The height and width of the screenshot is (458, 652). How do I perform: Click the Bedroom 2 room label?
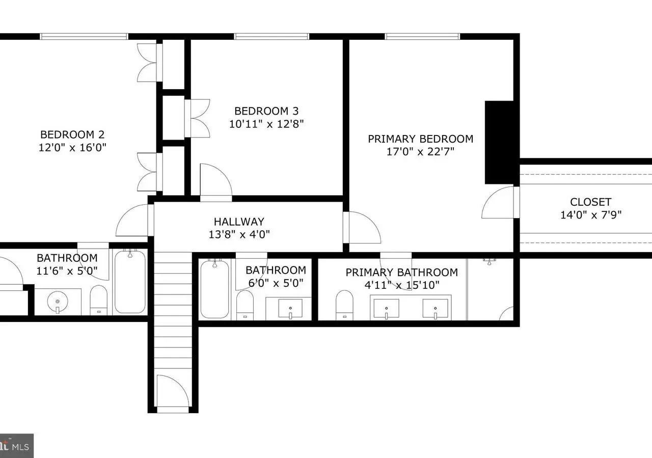click(x=72, y=134)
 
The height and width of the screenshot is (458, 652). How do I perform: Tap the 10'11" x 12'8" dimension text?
click(x=266, y=124)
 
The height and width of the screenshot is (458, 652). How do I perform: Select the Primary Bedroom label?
click(x=421, y=139)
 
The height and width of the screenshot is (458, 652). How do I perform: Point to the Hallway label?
click(x=239, y=222)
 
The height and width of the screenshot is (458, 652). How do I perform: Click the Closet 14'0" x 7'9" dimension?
click(x=591, y=215)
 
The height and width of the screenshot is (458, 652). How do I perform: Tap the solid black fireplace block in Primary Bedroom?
click(x=499, y=142)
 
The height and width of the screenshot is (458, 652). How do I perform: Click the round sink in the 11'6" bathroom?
click(x=58, y=302)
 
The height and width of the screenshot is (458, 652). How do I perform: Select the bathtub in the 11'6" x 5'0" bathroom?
click(x=130, y=282)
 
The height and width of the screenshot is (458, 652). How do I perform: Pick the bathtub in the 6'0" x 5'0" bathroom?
click(x=214, y=289)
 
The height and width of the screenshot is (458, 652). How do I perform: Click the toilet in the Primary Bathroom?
click(x=344, y=305)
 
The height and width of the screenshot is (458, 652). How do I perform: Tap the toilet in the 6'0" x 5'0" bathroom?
click(x=245, y=305)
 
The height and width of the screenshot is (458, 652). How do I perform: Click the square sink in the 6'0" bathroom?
click(x=290, y=308)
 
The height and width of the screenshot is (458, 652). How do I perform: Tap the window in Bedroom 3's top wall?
click(x=271, y=36)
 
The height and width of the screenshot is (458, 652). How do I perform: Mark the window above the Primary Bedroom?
click(x=422, y=36)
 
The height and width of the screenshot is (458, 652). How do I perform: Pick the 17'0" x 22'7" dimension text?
click(x=420, y=152)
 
